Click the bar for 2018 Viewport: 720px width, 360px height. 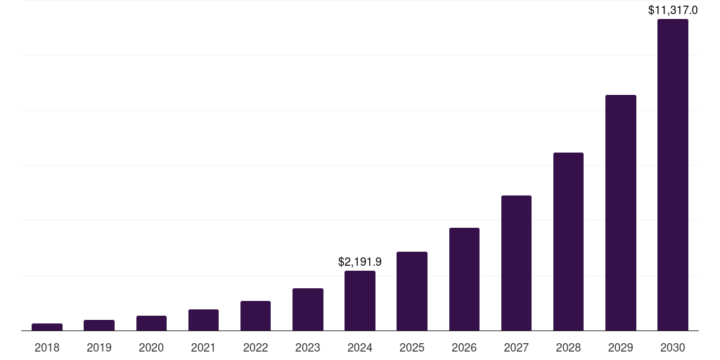coord(47,327)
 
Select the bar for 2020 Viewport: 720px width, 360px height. coord(151,323)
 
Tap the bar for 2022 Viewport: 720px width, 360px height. coord(255,316)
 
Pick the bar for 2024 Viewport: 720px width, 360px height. coord(360,300)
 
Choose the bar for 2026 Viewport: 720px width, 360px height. coord(464,279)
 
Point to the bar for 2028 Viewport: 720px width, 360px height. coord(568,241)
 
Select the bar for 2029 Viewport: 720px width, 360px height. coord(620,212)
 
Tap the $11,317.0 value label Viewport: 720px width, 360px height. coord(672,10)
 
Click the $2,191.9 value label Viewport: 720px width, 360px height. coord(360,262)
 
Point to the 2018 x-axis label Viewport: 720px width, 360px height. coord(47,347)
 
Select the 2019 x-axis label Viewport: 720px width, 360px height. coord(99,347)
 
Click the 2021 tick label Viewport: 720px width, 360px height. coord(203,347)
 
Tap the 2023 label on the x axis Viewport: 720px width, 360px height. coord(307,347)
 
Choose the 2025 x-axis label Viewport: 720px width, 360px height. coord(412,347)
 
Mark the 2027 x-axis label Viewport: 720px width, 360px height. coord(516,347)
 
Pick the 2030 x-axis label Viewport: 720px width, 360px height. coord(672,347)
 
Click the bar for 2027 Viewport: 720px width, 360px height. coord(516,263)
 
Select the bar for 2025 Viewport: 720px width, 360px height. coord(412,291)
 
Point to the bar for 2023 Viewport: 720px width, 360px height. coord(307,309)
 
